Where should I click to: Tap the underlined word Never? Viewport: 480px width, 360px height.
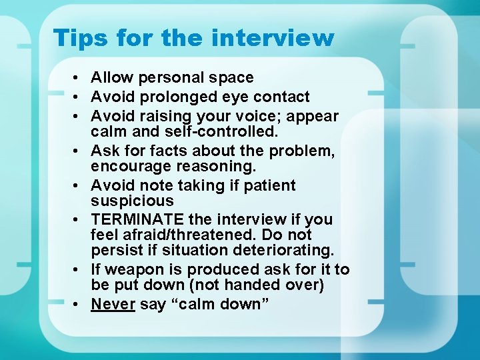(113, 304)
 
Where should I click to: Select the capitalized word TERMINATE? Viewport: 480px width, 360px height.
(138, 219)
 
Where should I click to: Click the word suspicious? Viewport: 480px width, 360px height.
(132, 201)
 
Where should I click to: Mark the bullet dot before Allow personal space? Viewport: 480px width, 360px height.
(78, 79)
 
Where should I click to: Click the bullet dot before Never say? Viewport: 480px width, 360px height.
(78, 305)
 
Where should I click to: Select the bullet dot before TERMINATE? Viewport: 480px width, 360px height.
(78, 220)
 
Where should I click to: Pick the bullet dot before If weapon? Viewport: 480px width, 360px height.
(78, 270)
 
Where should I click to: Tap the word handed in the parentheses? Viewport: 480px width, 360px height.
(234, 285)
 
